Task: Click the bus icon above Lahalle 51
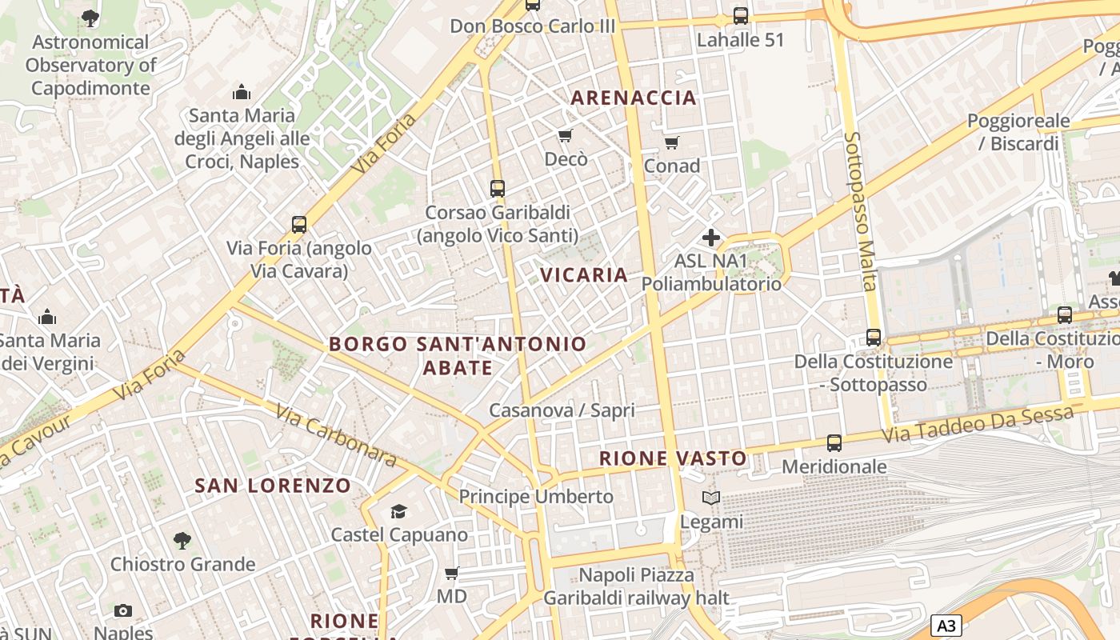741,16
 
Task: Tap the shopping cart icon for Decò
566,135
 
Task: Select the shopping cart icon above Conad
672,142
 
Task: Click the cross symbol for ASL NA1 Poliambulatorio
710,238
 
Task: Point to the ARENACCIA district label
633,98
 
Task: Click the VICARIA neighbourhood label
584,275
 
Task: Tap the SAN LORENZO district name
273,486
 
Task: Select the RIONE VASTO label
674,458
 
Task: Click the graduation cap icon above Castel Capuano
398,511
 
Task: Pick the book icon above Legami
711,498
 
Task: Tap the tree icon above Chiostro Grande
182,541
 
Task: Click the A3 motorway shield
946,626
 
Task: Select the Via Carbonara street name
336,436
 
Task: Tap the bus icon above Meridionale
834,442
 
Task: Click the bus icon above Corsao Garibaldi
498,189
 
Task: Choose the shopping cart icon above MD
451,573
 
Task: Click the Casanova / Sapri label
562,411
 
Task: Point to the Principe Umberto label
536,497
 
